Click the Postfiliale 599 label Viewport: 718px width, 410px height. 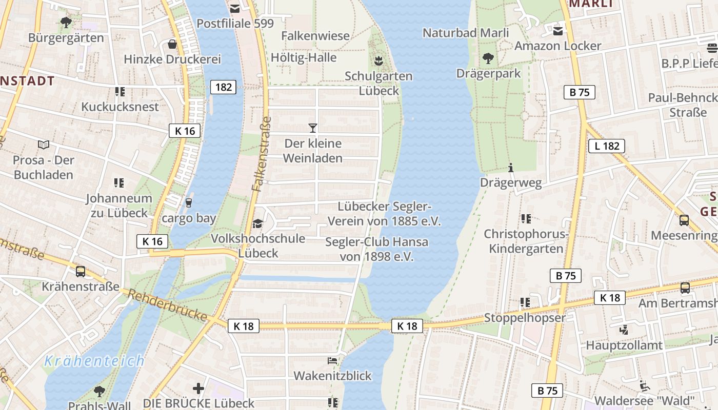[x=235, y=24]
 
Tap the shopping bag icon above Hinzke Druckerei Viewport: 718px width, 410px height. [x=172, y=44]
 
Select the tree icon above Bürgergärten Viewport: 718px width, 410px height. [x=66, y=22]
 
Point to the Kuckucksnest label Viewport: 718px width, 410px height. [x=120, y=107]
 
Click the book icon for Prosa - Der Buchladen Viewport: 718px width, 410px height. [x=44, y=145]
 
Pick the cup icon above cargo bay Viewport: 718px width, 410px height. [x=189, y=203]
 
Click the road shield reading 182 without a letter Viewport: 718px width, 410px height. [x=223, y=87]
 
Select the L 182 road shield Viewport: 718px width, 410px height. [x=607, y=146]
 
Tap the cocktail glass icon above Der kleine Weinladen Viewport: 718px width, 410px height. [x=313, y=128]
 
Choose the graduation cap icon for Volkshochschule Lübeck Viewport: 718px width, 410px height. [x=257, y=223]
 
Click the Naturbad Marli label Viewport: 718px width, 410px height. [x=465, y=33]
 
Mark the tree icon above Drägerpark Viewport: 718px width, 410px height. [x=488, y=58]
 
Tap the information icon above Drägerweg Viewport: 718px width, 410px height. [x=510, y=168]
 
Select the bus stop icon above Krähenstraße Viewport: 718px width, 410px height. [x=81, y=271]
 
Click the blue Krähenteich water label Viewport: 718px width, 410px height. [x=94, y=361]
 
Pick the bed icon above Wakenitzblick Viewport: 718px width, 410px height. [x=332, y=361]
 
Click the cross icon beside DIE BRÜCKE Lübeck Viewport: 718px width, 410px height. [x=198, y=388]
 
